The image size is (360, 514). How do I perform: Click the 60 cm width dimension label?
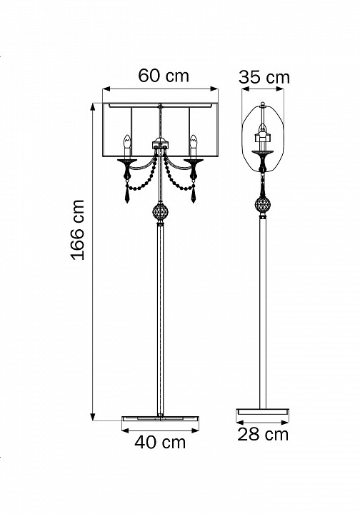(164, 76)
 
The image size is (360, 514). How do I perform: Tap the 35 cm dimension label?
(264, 77)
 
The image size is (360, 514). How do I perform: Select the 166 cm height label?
(78, 230)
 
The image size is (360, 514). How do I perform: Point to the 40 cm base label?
(160, 442)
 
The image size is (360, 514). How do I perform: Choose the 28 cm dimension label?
(263, 434)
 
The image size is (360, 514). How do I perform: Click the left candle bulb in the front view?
(127, 142)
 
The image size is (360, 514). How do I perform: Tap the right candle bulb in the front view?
(194, 142)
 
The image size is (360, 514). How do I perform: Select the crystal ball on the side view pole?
(263, 205)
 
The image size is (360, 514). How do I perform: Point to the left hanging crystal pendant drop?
(128, 196)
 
